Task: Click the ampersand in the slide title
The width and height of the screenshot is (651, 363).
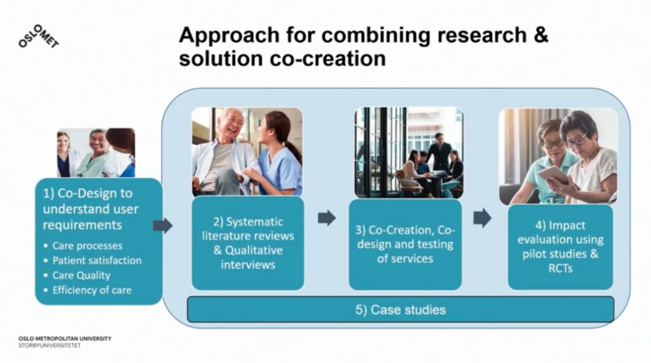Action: (540, 35)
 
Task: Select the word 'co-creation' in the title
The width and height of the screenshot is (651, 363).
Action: (327, 58)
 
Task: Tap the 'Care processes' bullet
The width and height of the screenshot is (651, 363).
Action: (87, 246)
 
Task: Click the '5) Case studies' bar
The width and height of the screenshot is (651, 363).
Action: (401, 310)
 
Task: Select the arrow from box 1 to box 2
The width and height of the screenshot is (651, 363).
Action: (163, 226)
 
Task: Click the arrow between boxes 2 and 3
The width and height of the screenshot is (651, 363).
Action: (327, 218)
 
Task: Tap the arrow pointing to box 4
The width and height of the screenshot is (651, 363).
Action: (482, 218)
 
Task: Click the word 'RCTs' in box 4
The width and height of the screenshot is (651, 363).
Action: (560, 268)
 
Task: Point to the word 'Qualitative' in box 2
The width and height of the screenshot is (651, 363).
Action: (254, 250)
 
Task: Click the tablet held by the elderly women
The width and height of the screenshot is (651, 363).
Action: (552, 175)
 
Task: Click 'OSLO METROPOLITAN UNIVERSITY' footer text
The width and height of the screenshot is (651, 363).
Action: (65, 338)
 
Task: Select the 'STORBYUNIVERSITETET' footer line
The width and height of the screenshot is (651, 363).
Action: (50, 345)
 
